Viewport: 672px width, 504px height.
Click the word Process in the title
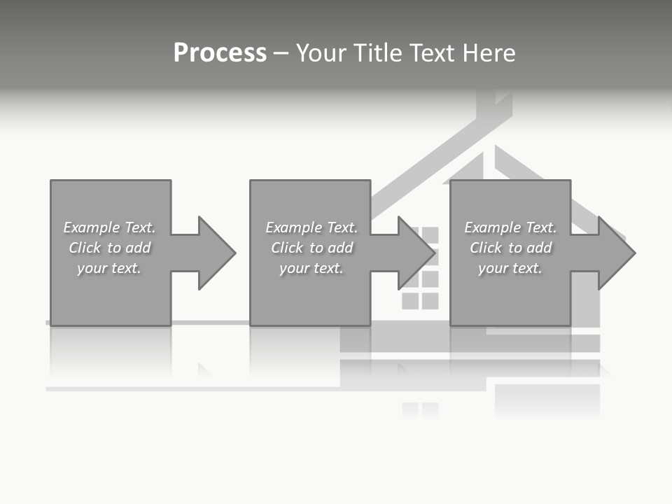click(220, 52)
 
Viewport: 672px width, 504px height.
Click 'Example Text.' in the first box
click(110, 227)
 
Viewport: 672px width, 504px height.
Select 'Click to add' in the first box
click(110, 248)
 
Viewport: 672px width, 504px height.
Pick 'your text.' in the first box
click(110, 268)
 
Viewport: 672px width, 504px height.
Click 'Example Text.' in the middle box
click(311, 227)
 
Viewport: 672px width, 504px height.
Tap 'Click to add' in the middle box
click(311, 248)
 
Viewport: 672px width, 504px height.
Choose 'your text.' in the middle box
click(311, 268)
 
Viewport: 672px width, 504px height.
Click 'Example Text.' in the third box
click(510, 227)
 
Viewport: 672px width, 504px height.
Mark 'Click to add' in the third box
click(510, 248)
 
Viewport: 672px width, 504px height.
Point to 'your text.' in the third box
click(510, 268)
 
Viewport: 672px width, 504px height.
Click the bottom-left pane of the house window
click(410, 301)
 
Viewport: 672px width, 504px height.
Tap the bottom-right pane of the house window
click(430, 301)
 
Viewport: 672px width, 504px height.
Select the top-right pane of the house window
click(430, 234)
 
